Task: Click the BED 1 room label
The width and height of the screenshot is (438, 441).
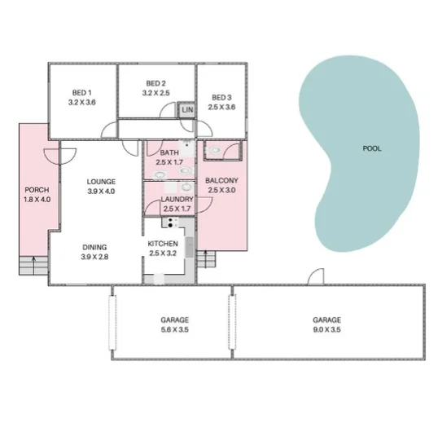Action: (x=82, y=92)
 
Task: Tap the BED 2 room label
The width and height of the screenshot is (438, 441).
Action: (x=155, y=83)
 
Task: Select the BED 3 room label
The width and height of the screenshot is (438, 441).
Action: (x=221, y=97)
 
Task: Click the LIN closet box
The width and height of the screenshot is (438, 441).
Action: (x=187, y=110)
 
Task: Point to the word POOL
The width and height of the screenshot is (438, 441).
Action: (x=371, y=149)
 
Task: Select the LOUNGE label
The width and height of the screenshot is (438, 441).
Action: (x=102, y=181)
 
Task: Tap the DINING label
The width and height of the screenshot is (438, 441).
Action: (x=94, y=247)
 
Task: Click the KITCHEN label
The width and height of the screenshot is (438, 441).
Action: (x=162, y=244)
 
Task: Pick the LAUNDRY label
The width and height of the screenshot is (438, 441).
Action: (x=177, y=199)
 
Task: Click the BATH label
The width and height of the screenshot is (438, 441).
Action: (x=169, y=153)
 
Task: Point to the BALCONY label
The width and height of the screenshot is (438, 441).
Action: (x=221, y=180)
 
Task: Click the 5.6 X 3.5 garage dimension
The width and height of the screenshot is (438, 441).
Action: (x=173, y=330)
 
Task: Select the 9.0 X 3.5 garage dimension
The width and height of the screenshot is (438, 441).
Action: (x=326, y=330)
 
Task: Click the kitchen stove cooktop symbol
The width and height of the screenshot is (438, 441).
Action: (x=173, y=222)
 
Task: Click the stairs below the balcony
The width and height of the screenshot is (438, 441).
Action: (x=208, y=261)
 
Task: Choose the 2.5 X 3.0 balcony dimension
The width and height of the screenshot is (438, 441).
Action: (x=221, y=190)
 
